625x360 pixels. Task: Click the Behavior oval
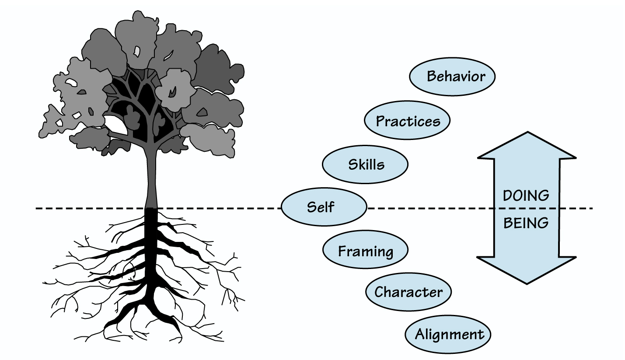point(452,77)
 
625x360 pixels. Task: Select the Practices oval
point(407,121)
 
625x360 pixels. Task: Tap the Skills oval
point(365,164)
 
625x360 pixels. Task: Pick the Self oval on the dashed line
point(323,207)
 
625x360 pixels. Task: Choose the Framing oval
point(365,251)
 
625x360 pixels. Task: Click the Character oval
point(408,292)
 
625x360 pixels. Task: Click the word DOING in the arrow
point(526,195)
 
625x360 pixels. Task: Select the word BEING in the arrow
point(526,223)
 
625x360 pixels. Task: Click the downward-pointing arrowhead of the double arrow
point(527,269)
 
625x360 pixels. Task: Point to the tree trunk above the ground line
point(151,179)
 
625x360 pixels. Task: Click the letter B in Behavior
point(432,77)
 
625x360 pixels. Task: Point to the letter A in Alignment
point(420,335)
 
